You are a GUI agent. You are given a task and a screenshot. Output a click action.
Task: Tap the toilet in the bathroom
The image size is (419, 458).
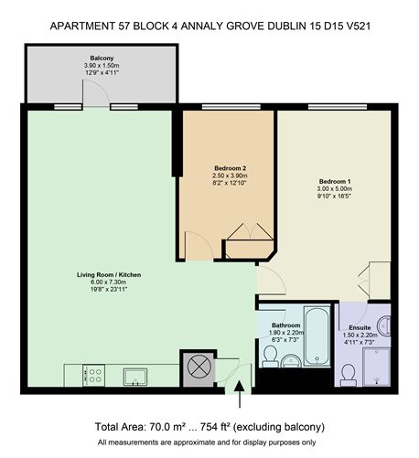[271, 355]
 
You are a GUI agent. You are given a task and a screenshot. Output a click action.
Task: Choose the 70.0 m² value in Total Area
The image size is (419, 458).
[174, 427]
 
